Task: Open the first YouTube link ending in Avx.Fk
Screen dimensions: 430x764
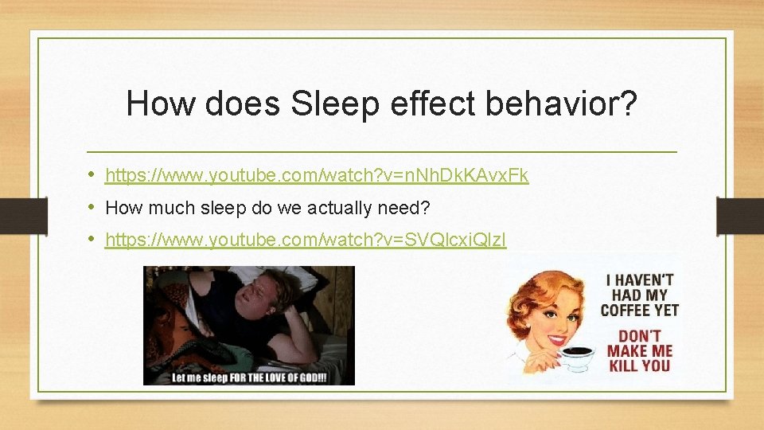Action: click(x=317, y=175)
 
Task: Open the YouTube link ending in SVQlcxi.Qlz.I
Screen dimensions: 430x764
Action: click(x=306, y=239)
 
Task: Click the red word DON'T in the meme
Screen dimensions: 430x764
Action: click(x=639, y=336)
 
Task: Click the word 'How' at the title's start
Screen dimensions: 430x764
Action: click(x=154, y=104)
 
